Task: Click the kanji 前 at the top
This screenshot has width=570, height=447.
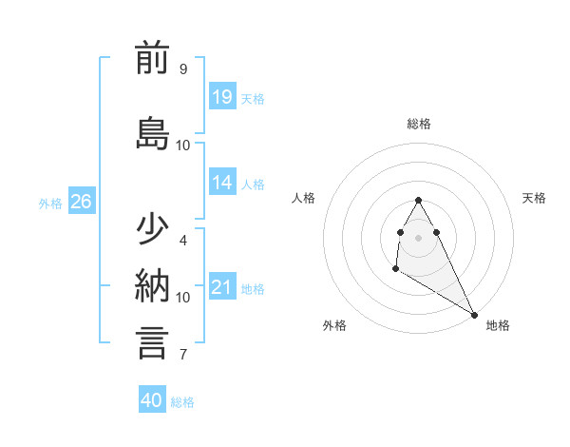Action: [153, 59]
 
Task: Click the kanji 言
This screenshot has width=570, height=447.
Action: [153, 341]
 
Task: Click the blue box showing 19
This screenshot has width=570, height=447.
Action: [222, 96]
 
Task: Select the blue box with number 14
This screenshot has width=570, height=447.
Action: [222, 183]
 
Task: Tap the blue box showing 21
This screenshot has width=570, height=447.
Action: [222, 287]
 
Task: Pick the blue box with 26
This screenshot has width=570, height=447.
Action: [82, 201]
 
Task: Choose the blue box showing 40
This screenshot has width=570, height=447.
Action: [152, 400]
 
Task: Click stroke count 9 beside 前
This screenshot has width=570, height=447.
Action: [182, 69]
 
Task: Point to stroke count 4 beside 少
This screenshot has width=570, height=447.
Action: [182, 241]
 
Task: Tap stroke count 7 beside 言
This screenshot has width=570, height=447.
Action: [182, 355]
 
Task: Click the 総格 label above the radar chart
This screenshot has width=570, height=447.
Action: [419, 124]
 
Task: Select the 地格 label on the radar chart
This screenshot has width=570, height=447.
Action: [498, 325]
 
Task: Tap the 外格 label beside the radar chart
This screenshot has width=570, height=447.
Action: [334, 325]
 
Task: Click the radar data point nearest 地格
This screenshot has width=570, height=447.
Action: [475, 315]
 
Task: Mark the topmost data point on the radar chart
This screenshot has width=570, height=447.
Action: [418, 200]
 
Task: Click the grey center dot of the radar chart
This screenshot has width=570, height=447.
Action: [418, 237]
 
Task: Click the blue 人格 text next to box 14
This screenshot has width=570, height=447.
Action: [253, 184]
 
